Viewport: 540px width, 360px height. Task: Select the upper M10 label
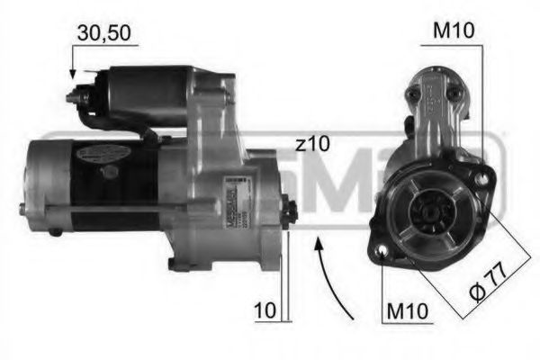pyautogui.click(x=454, y=31)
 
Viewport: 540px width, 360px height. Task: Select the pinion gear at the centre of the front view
pyautogui.click(x=427, y=214)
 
